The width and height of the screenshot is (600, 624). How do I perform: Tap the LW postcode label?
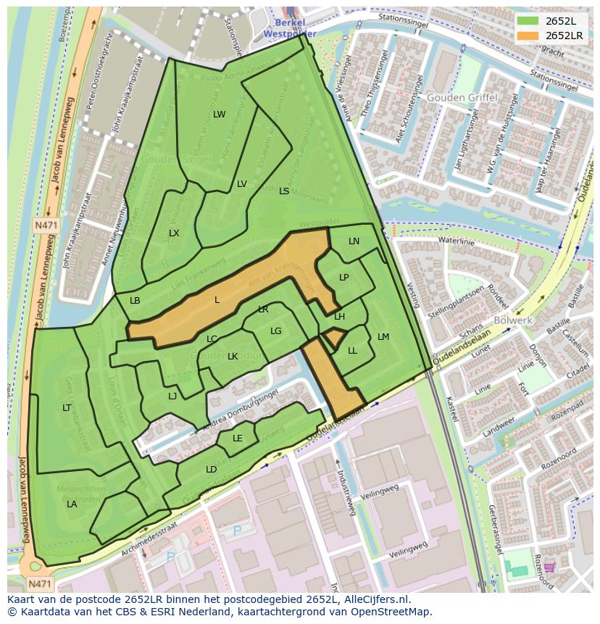219,115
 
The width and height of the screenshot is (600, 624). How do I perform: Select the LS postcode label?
284,191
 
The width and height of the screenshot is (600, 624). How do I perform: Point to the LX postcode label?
174,233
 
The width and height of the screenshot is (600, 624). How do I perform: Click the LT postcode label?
67,408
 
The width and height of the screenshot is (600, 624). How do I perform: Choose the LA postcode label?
72,504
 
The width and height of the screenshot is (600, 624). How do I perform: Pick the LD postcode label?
211,470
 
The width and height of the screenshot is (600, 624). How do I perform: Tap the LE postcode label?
238,438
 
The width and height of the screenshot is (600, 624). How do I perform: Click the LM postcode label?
383,337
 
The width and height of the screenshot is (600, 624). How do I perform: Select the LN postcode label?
354,241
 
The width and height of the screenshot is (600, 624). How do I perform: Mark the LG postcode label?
275,331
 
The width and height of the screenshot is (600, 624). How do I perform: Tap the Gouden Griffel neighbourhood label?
462,97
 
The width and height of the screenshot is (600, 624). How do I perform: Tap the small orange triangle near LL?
333,338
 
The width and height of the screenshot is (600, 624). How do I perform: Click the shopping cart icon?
550,567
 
